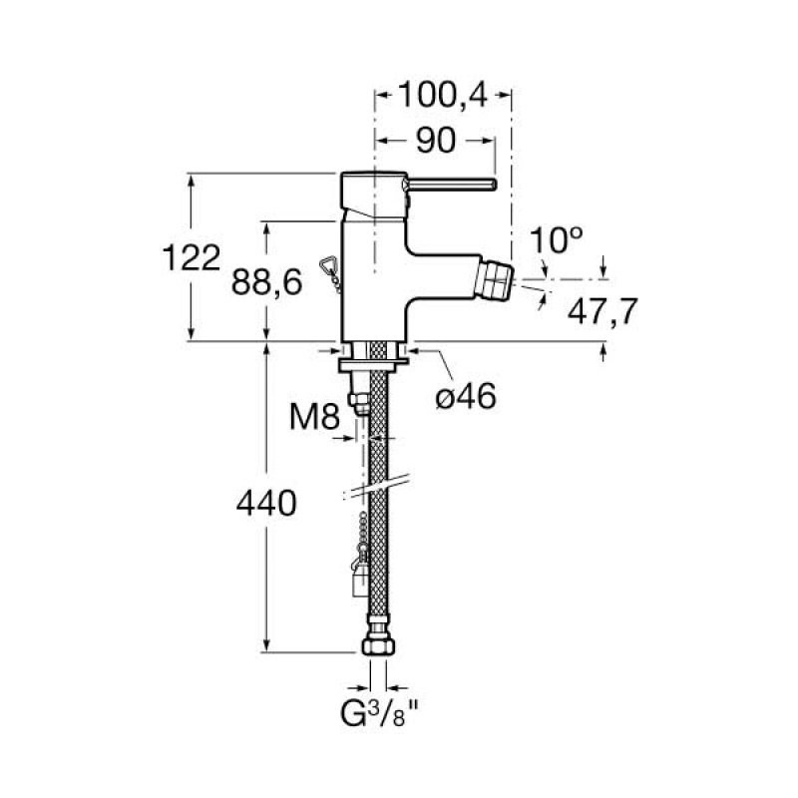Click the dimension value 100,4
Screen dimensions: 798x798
(442, 96)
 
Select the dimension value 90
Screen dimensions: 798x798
(436, 142)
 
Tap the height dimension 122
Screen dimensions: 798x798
(191, 257)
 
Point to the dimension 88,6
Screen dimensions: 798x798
(266, 283)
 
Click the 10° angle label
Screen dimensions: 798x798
(556, 239)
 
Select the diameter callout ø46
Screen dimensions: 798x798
(465, 396)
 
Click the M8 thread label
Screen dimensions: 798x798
(315, 413)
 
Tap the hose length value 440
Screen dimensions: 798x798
(266, 504)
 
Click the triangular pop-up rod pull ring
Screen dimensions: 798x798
(329, 264)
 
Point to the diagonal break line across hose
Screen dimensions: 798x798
(376, 486)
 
